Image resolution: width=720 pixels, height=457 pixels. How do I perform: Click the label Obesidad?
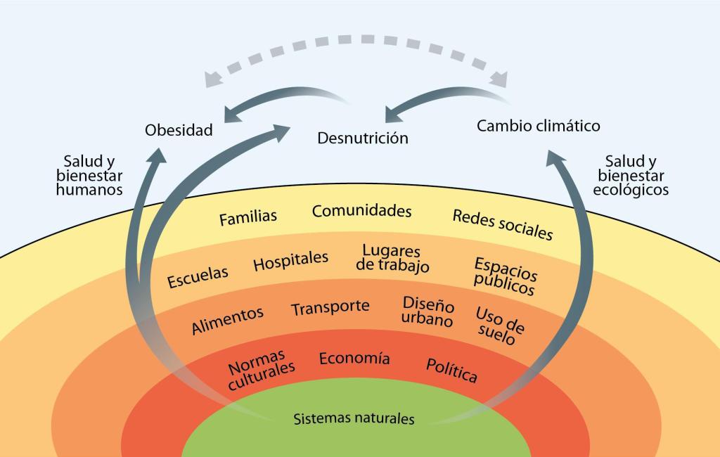(x=179, y=130)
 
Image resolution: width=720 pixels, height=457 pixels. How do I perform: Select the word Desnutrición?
(x=362, y=137)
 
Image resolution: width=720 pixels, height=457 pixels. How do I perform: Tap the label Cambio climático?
(x=538, y=126)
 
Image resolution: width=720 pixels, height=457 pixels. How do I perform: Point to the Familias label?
(x=247, y=218)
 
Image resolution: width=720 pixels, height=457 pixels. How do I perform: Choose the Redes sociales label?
(x=502, y=224)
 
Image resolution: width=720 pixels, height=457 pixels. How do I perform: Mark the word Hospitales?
(x=290, y=261)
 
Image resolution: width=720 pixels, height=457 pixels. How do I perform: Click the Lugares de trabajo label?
(x=392, y=258)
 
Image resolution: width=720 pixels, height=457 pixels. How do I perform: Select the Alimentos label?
(x=227, y=320)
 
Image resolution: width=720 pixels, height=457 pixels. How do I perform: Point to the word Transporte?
(x=330, y=307)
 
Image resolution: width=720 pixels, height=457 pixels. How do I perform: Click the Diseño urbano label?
(x=427, y=311)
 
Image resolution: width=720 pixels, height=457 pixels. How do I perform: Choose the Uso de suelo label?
(x=499, y=325)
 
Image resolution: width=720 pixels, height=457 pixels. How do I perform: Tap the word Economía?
(x=354, y=358)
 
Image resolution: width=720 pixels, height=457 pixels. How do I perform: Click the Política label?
(x=451, y=370)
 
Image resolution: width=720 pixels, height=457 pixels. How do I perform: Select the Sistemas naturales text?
(x=354, y=419)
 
